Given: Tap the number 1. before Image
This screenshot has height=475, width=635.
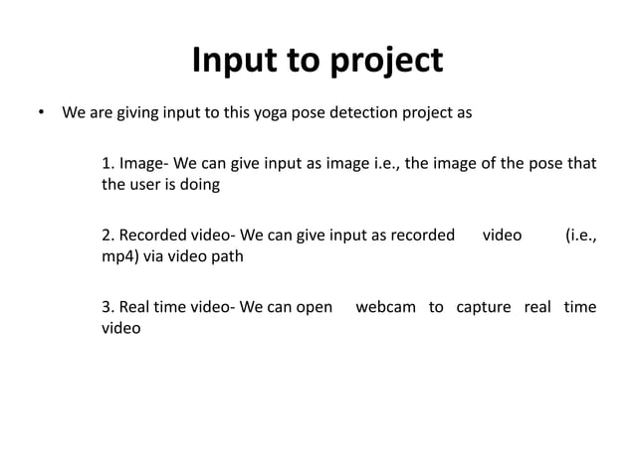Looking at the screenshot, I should [x=108, y=162].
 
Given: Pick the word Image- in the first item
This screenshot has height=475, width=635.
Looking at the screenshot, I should [x=143, y=163].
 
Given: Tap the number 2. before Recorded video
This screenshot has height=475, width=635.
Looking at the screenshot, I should [x=108, y=236].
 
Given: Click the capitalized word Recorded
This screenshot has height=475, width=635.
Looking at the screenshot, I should [x=155, y=236].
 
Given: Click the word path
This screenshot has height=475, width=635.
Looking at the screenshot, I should [x=225, y=256].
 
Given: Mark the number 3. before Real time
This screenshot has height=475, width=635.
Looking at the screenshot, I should [x=108, y=307].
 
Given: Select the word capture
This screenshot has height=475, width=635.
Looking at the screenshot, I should [x=482, y=308].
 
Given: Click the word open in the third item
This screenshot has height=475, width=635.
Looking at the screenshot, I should [x=314, y=308].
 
